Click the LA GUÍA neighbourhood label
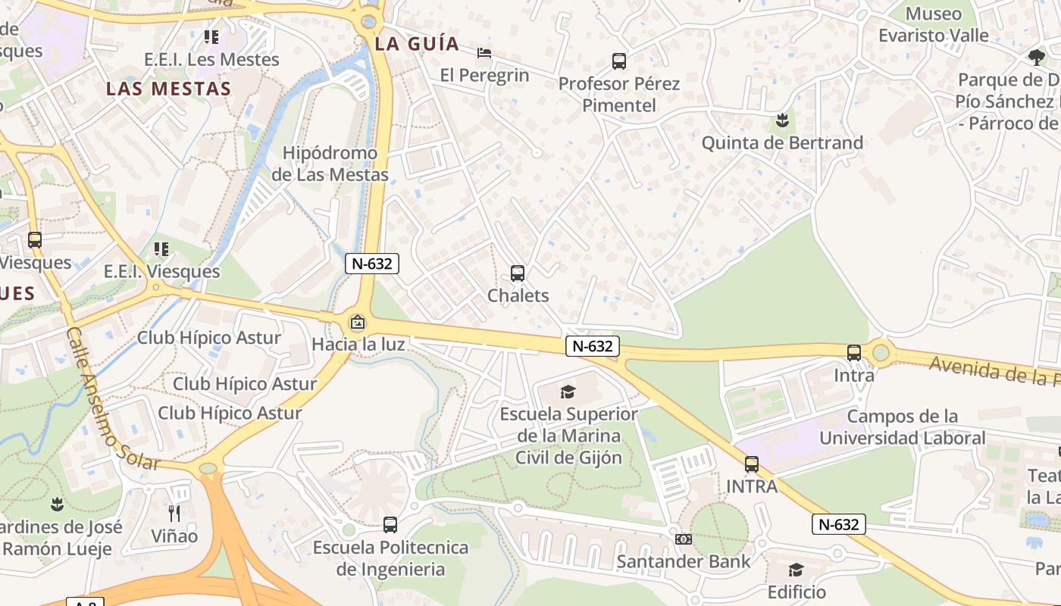tap(418, 44)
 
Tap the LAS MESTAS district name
tap(168, 89)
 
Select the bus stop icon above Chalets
tap(518, 273)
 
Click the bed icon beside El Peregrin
tap(484, 53)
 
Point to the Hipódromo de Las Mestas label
tap(330, 164)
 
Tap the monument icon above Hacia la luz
tap(357, 323)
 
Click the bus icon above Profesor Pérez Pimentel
tap(619, 61)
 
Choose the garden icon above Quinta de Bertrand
tap(782, 120)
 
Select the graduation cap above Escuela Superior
tap(568, 392)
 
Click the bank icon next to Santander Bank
tap(683, 539)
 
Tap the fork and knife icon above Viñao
tap(174, 514)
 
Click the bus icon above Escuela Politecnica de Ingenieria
tap(390, 524)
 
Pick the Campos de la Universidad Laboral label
tap(902, 427)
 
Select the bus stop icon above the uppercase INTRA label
tap(752, 464)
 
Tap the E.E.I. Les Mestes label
tap(211, 59)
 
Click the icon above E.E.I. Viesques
tap(161, 249)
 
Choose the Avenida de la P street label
tap(993, 370)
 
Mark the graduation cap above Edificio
tap(796, 570)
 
